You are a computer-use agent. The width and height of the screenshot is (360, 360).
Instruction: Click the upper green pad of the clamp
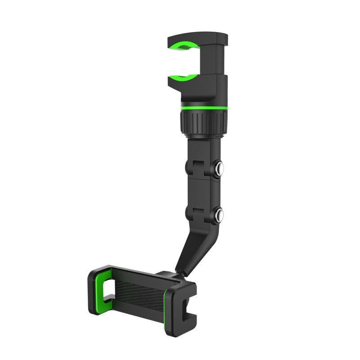[x=184, y=46]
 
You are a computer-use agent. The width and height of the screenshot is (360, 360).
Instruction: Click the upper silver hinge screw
[x=219, y=168]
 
